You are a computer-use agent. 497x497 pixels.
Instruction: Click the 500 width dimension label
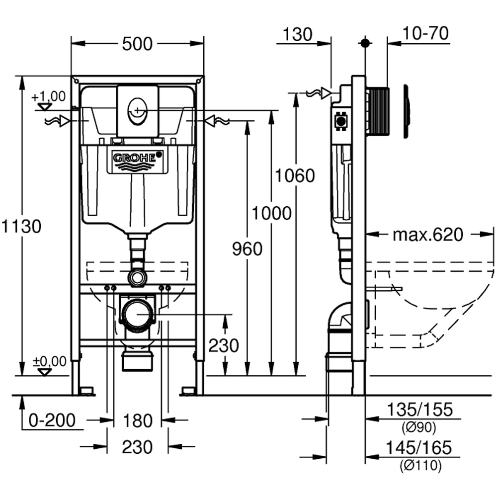coord(137,44)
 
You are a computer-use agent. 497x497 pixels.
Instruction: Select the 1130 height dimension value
coord(20,227)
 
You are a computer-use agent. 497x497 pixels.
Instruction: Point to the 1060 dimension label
coord(296,175)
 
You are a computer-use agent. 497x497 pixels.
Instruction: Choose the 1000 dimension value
coord(271,213)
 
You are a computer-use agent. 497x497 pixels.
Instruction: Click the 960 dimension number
coord(247,248)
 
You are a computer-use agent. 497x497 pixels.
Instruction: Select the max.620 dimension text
coord(427,234)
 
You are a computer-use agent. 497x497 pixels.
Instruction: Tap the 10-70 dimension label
coord(426,33)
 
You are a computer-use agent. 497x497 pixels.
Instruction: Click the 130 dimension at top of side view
coord(298,34)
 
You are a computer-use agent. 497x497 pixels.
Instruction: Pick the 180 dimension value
coord(137,421)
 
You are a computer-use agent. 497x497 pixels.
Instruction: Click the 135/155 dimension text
coord(420,410)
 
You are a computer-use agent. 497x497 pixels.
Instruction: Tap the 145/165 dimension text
coord(420,448)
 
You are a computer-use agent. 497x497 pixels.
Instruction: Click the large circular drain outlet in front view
coord(137,314)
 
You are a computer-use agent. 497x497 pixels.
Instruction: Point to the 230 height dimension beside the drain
coord(224,345)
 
